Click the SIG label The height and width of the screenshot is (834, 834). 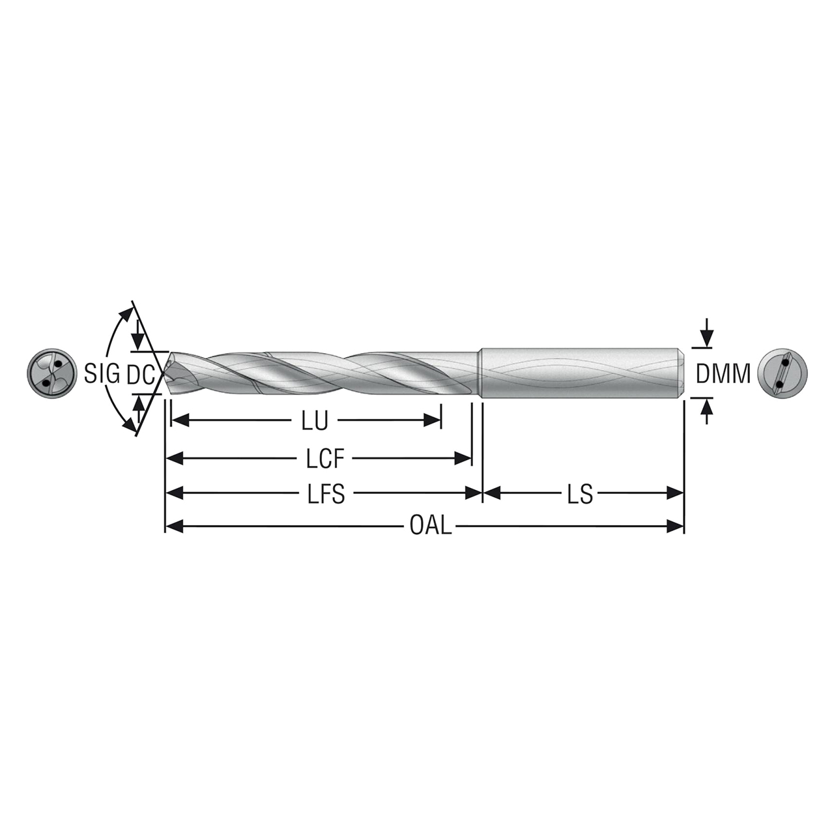point(102,374)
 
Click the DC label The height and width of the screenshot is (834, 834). point(139,375)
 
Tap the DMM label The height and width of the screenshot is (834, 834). point(723,374)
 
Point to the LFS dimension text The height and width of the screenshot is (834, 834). point(326,495)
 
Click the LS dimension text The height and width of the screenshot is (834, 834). point(580,495)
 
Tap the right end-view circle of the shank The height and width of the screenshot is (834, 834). point(783,374)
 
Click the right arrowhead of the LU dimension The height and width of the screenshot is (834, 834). point(434,421)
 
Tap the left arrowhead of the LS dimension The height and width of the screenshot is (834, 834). point(491,494)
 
